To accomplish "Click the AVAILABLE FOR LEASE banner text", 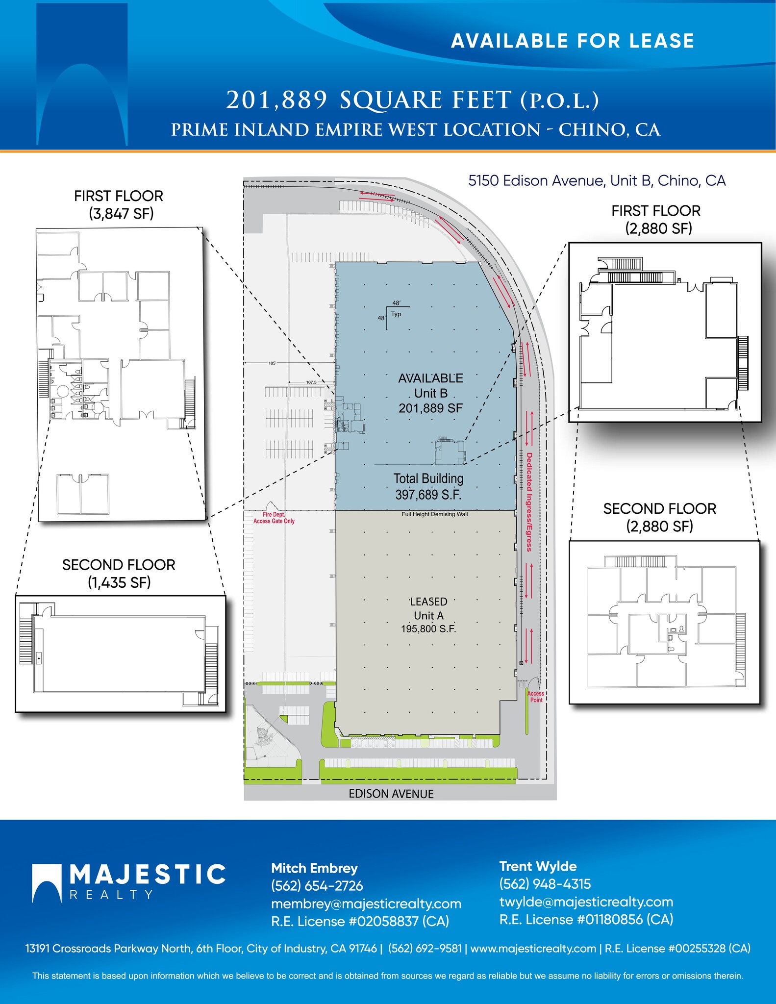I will click(572, 41).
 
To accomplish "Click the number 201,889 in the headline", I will click(276, 100).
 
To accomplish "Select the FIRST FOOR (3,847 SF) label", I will click(119, 204).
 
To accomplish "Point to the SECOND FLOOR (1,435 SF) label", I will click(119, 573).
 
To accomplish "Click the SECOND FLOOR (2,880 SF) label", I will click(659, 517).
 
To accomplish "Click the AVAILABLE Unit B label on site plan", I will click(430, 393).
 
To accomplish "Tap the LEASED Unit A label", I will click(428, 615).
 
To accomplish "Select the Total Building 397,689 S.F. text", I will click(428, 486).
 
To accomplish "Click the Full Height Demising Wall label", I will click(434, 514).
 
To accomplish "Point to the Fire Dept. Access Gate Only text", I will click(274, 518).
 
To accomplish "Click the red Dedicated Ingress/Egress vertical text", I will click(529, 502).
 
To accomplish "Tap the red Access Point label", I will click(536, 697).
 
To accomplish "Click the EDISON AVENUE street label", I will click(391, 794).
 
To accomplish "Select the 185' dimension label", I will click(272, 363).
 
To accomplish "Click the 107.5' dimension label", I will click(312, 382).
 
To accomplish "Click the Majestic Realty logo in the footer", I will click(128, 882).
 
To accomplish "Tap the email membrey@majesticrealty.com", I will click(366, 904).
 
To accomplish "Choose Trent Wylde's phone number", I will click(545, 884).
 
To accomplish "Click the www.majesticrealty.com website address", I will click(533, 948).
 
